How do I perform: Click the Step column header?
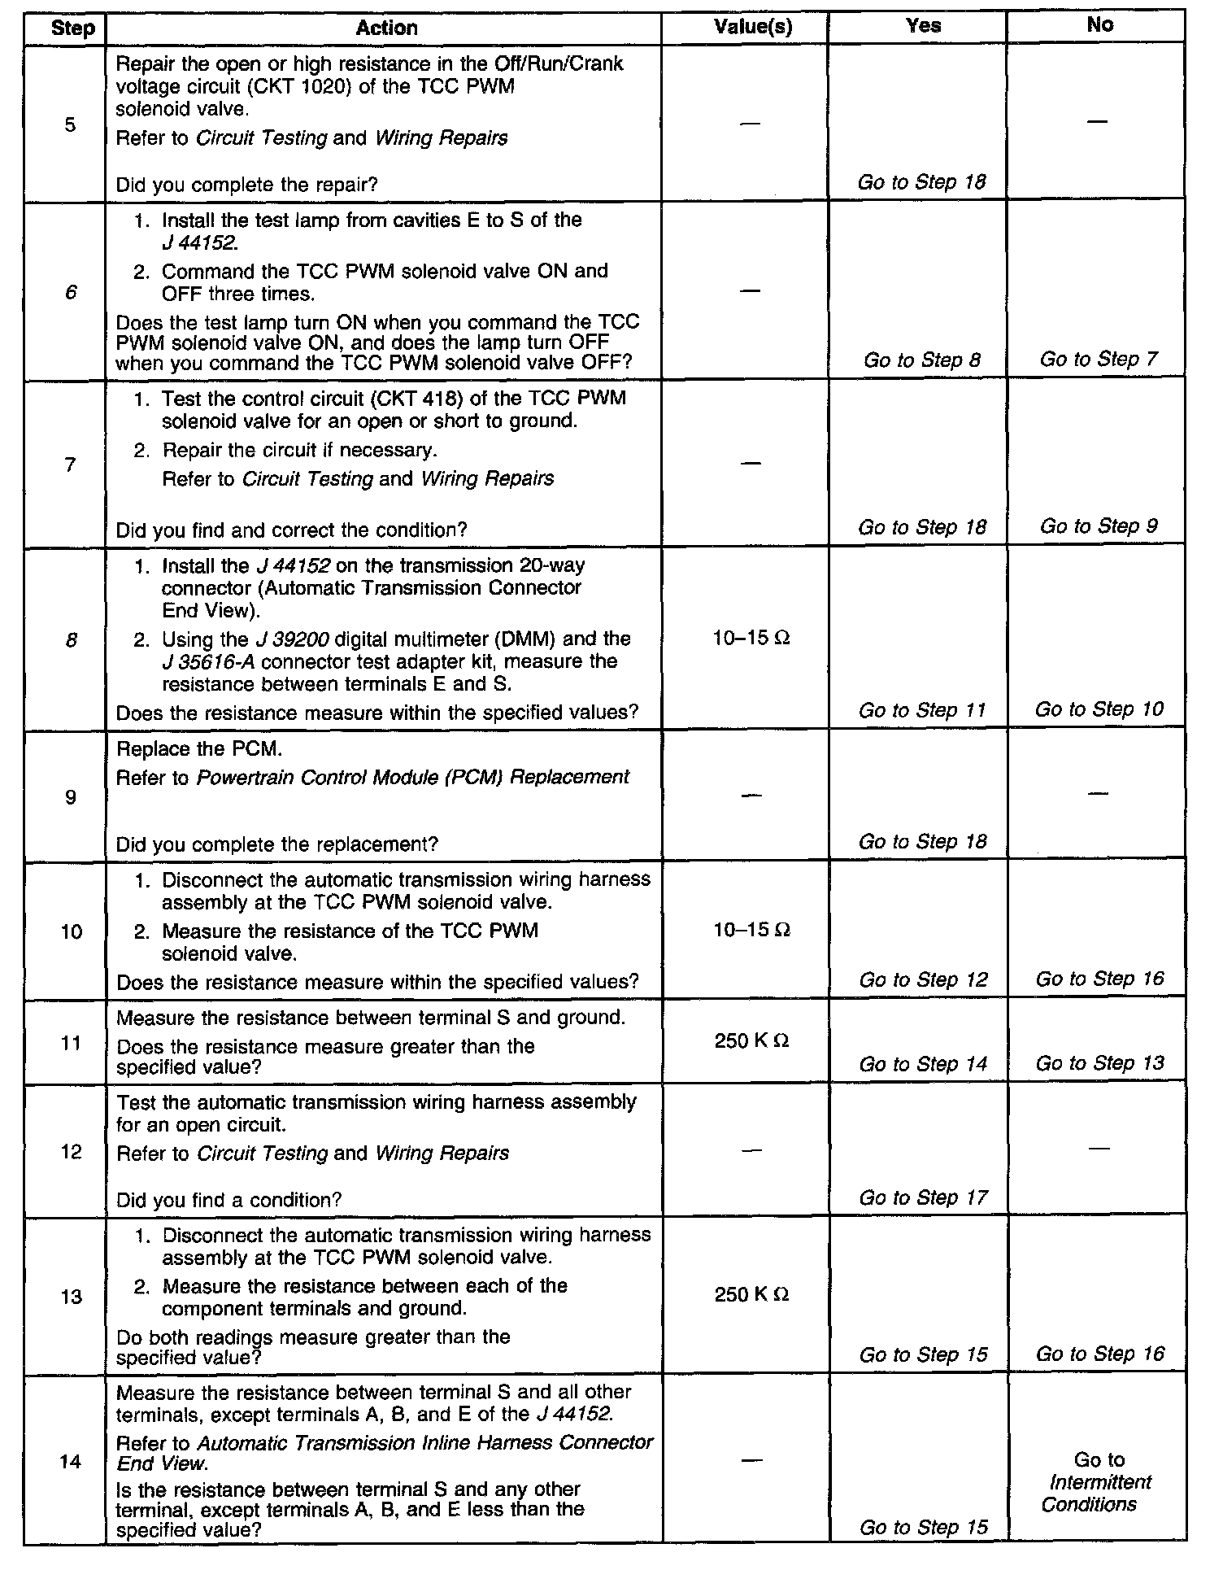coord(72,28)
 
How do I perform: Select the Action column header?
coord(386,28)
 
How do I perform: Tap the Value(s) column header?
coord(752,27)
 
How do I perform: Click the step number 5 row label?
coord(71,124)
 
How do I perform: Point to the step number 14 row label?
coord(71,1462)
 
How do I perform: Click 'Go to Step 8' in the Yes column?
coord(922,360)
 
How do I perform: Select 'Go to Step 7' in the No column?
coord(1099,359)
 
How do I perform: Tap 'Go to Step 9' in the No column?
coord(1099,526)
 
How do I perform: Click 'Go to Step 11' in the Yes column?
coord(922,710)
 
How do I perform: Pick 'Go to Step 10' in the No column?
coord(1099,709)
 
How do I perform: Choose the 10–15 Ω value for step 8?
coord(751,639)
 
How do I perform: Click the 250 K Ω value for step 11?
coord(751,1041)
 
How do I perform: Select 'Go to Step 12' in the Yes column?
coord(923,979)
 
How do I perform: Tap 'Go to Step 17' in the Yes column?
coord(923,1197)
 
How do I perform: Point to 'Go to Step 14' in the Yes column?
coord(923,1064)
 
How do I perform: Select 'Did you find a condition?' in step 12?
coord(228,1199)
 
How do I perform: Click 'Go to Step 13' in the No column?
coord(1099,1063)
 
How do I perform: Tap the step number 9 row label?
coord(71,797)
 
